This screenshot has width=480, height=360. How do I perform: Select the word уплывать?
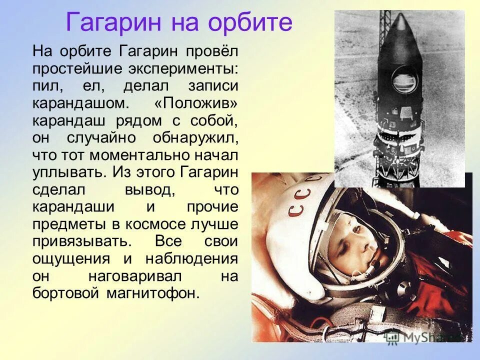[x=68, y=172]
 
